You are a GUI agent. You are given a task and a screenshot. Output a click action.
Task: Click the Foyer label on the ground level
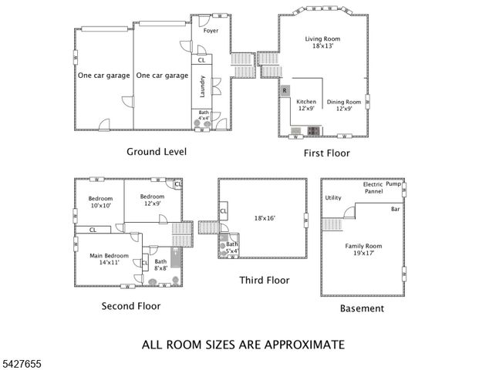211,31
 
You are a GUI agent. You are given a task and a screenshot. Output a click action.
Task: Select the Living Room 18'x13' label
322,43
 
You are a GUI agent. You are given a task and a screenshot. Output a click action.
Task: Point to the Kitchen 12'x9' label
306,105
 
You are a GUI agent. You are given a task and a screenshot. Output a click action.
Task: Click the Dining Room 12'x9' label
343,105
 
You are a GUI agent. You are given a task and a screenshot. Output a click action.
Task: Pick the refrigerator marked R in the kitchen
285,90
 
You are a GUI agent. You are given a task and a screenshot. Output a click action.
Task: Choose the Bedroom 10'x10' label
100,202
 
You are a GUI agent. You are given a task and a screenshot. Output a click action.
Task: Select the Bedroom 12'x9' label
152,200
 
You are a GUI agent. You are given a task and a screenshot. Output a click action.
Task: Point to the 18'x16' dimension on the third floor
263,218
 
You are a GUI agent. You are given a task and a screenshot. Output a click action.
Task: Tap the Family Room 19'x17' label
363,250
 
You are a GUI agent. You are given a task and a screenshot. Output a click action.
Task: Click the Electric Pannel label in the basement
373,188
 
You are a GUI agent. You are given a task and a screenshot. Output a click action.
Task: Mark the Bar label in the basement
396,209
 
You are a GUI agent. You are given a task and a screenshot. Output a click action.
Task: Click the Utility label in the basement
333,198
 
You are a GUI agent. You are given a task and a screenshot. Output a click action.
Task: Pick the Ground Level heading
157,152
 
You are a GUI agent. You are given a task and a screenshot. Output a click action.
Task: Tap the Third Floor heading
265,281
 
